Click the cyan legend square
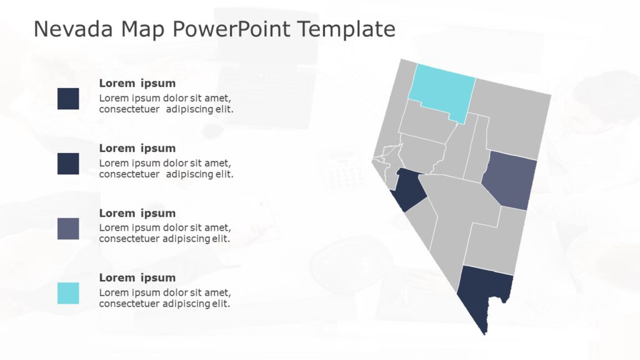68,293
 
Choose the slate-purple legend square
68,229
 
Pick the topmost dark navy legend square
68,99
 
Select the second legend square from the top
68,164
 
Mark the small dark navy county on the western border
409,191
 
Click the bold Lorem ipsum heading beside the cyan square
137,277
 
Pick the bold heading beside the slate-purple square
137,213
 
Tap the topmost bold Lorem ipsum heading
137,83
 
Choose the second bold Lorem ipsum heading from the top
137,148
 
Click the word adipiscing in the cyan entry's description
186,304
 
